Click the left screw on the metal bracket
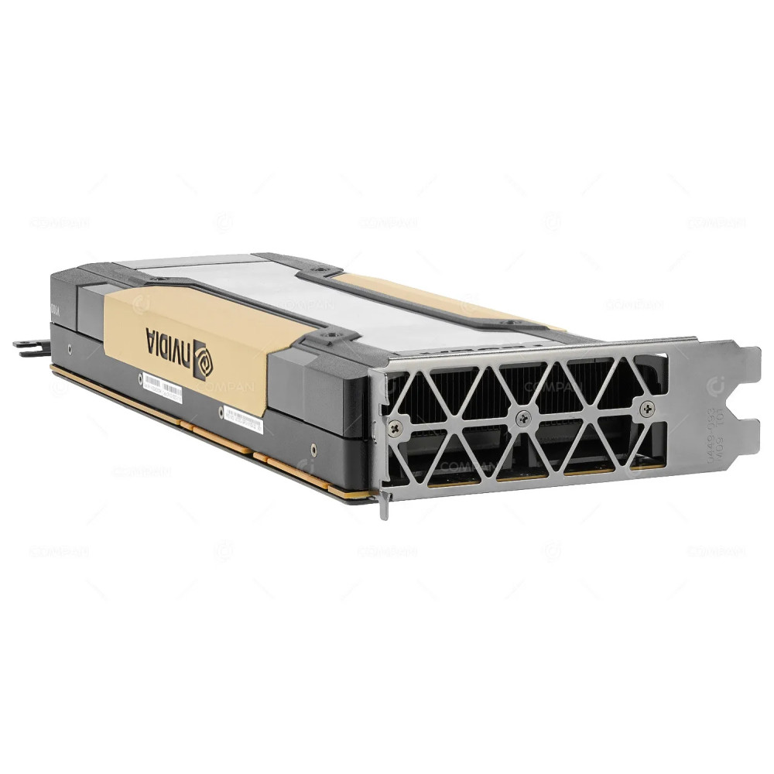(x=396, y=424)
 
